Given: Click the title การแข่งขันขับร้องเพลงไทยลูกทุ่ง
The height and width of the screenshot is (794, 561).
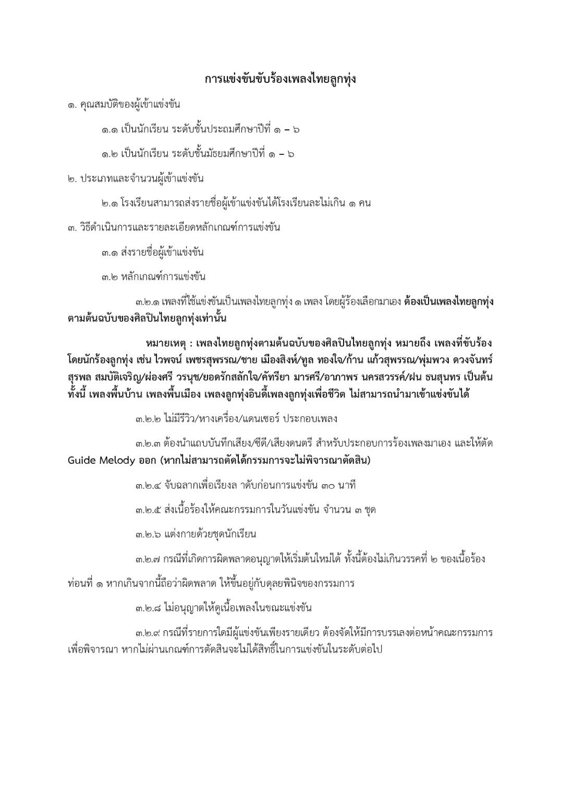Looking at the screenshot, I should [x=280, y=79].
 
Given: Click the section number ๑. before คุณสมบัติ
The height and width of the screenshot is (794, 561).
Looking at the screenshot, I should [x=72, y=105].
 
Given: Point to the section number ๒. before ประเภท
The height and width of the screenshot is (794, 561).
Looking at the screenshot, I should [x=72, y=179].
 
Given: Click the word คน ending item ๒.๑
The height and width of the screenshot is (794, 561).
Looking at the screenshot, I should [x=364, y=203].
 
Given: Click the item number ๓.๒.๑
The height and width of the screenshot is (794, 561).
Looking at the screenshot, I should [x=148, y=302].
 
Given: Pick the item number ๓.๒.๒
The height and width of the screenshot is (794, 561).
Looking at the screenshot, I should [x=148, y=419].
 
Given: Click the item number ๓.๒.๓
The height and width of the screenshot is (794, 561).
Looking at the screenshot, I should [x=148, y=444].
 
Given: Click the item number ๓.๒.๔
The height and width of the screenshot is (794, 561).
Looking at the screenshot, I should [x=148, y=486].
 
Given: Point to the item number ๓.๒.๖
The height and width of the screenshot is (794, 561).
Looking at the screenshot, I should [x=148, y=535].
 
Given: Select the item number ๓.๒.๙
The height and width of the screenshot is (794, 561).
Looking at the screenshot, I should [x=148, y=633].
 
